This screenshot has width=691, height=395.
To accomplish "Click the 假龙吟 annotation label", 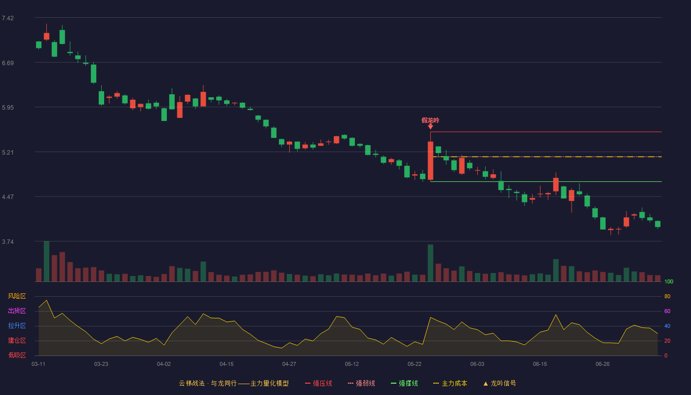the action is coord(430,120).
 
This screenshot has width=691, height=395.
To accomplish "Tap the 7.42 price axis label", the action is coord(8,18).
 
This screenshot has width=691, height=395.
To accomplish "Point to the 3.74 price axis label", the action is coord(8,241).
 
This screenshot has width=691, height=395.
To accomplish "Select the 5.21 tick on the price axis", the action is coord(8,153).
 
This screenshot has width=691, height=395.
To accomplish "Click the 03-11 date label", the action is coord(38,364).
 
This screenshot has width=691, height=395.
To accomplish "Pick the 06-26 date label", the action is coord(603,364).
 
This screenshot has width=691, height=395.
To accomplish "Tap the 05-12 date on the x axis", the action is coord(351,364).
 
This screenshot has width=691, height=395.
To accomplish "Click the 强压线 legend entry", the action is coord(318,383).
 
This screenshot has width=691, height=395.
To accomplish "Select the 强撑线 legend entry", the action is coord(404,383).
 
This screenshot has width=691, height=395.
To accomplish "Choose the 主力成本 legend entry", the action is coord(450,383).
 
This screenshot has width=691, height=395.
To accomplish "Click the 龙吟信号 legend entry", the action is coord(499,383).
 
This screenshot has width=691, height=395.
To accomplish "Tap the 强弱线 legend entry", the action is coord(361,383).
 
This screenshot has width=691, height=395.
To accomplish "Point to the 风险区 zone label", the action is coord(17,296).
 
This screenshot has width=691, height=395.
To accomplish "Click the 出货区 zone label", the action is coord(17,311).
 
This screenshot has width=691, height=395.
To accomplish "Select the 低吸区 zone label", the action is coord(17,355).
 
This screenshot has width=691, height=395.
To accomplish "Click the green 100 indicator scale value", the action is coord(669,281).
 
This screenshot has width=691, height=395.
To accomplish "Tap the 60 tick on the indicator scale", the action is coord(667,311).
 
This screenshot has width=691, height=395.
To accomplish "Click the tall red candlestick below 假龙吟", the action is coord(430,160).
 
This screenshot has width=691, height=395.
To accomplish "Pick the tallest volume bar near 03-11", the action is coord(46,261).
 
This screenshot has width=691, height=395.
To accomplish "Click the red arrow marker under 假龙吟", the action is coord(430,126).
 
